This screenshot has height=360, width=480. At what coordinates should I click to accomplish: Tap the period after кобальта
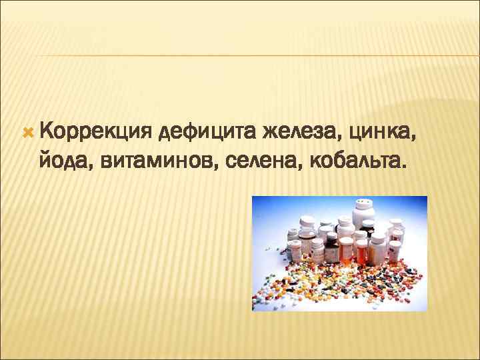click(403, 167)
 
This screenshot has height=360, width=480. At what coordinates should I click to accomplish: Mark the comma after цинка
click(419, 141)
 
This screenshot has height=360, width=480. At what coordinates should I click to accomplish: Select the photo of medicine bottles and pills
click(339, 253)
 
